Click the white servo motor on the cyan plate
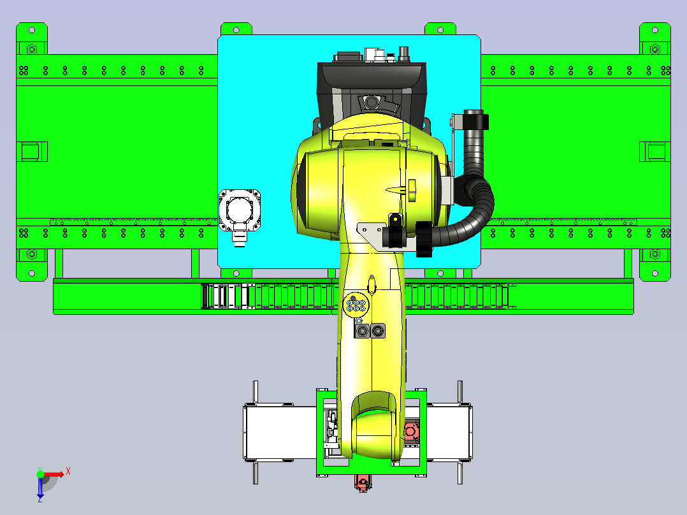[239, 215]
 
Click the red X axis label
[68, 472]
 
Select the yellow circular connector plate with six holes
[356, 305]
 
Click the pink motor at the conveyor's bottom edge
[363, 483]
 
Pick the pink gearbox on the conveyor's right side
[411, 432]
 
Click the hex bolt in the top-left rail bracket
[32, 49]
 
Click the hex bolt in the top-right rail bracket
[654, 49]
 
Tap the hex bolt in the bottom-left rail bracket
[32, 254]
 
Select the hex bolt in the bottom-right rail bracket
[654, 254]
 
